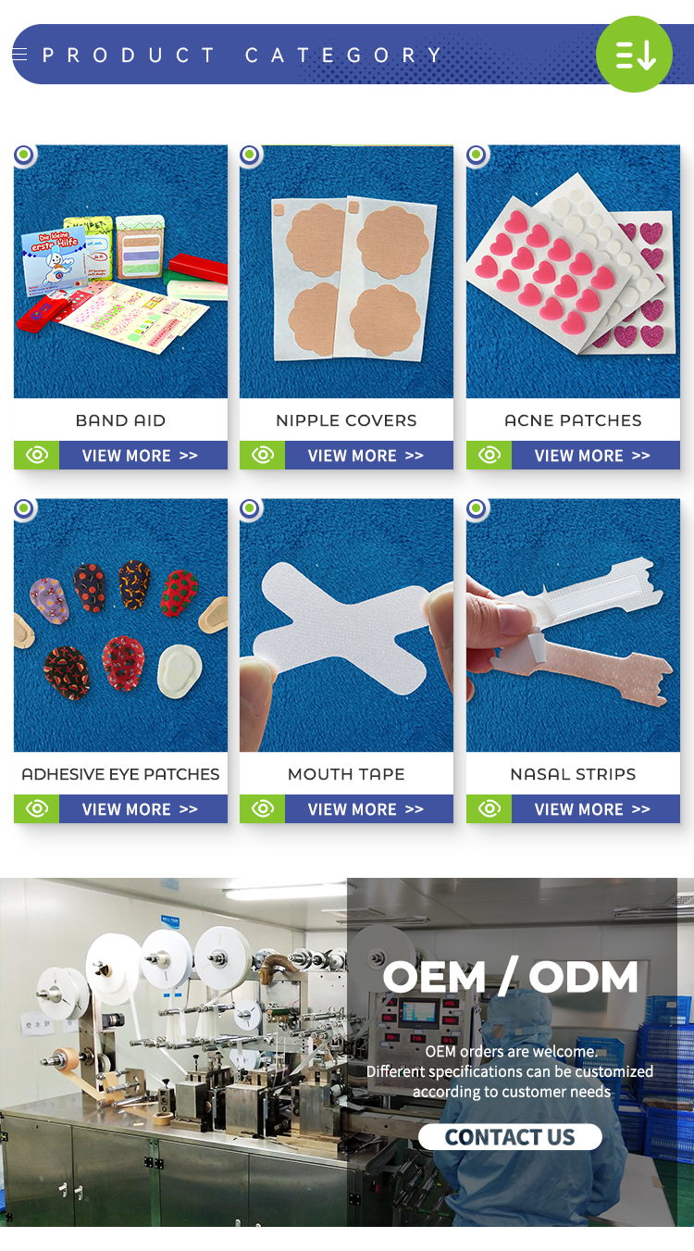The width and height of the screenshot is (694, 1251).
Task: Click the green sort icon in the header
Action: (634, 54)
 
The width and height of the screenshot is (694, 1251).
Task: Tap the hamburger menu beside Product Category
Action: (19, 55)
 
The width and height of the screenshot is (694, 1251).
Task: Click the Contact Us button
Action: (510, 1137)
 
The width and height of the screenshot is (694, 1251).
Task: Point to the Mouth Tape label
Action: (346, 774)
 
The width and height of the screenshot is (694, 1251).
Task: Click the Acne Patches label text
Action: (573, 420)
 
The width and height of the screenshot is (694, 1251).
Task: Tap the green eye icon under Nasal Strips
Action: (489, 809)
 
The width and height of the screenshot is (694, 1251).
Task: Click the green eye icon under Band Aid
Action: (37, 456)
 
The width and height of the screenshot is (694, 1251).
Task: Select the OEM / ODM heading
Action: (510, 977)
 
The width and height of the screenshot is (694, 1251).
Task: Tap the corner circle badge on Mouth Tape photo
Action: (251, 508)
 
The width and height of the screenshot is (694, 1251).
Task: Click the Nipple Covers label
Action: (346, 420)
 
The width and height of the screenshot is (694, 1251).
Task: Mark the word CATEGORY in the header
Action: (343, 56)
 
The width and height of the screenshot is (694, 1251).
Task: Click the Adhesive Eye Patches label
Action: (120, 774)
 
